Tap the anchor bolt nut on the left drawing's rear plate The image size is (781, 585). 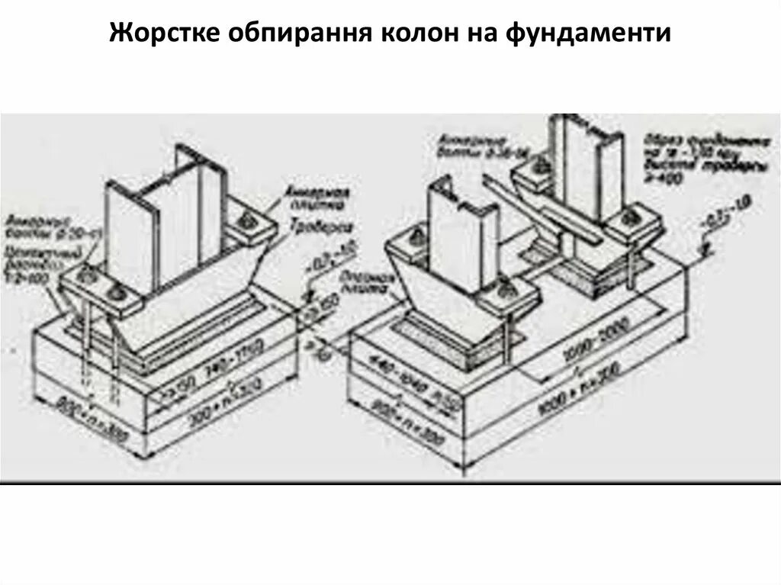coord(249,221)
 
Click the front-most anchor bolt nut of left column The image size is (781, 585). coord(116,297)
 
